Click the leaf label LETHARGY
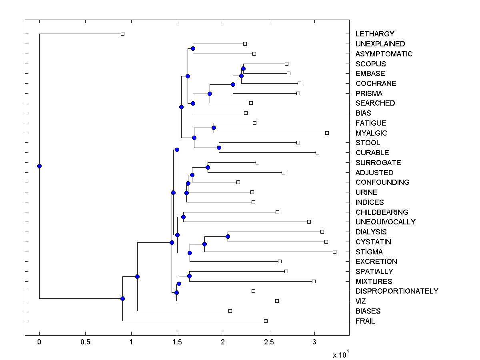pos(375,34)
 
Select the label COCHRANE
pos(376,84)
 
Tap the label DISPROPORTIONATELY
pos(397,291)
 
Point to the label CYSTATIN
pos(373,242)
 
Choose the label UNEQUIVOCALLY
pos(385,222)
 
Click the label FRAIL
pos(365,321)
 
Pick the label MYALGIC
pos(371,133)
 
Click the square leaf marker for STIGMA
pos(334,252)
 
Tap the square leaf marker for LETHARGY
pos(122,34)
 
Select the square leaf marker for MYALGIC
pos(327,133)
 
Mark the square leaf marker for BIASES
pos(230,311)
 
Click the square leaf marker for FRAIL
pos(266,321)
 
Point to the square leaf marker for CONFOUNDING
pos(238,182)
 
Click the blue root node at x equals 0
pos(39,166)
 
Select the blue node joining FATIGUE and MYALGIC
pos(214,128)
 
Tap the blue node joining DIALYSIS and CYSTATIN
pos(228,236)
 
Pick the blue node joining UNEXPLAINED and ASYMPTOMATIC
pos(193,48)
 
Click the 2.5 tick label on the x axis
pos(269,342)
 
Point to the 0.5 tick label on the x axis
pos(85,342)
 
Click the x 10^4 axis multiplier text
pos(341,354)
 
